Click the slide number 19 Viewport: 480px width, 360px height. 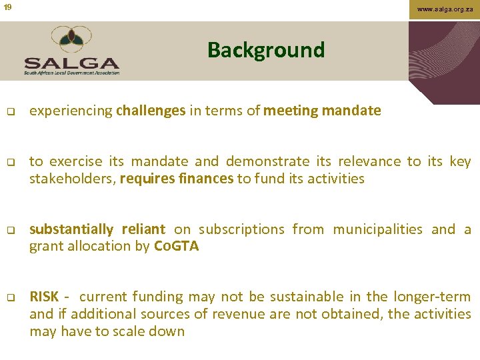tap(7, 7)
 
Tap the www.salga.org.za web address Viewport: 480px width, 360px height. tap(445, 9)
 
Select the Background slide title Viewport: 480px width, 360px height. tap(265, 50)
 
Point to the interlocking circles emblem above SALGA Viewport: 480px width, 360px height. tap(71, 39)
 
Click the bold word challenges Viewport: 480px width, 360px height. tap(151, 111)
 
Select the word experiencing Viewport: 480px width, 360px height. tap(71, 111)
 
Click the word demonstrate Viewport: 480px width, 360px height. tap(267, 161)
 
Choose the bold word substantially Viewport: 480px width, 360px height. tap(71, 229)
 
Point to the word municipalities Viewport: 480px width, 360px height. tap(377, 229)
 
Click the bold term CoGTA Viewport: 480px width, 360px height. tap(176, 246)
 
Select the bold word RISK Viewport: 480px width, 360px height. tap(44, 297)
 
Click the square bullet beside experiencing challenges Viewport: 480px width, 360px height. tap(10, 111)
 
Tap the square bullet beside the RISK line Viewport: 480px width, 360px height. tap(10, 297)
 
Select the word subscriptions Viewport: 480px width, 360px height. tap(243, 229)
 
